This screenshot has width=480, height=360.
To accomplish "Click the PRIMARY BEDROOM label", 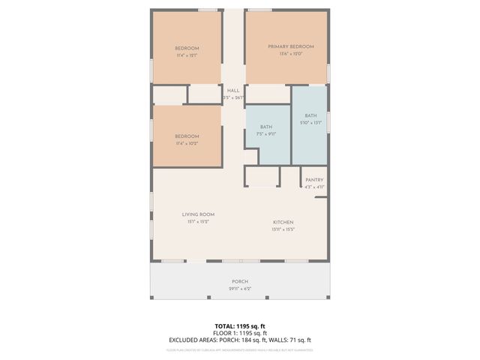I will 291,46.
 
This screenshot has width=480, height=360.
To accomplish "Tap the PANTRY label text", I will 314,180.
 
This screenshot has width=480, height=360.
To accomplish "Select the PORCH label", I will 240,281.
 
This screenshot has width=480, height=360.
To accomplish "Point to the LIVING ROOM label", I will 198,214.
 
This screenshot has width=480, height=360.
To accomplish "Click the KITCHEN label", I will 283,222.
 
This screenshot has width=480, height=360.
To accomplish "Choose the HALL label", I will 233,91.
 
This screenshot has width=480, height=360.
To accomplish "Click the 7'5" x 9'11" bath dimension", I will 266,133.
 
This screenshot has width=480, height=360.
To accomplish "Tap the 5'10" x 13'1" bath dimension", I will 310,122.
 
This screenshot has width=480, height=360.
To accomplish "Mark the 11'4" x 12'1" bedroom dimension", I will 187,55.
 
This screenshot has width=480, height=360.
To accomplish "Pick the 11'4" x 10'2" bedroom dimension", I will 187,142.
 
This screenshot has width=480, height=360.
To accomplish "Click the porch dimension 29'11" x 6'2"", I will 240,289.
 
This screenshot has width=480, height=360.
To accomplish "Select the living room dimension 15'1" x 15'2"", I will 198,222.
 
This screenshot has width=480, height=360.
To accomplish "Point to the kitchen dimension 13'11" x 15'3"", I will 283,229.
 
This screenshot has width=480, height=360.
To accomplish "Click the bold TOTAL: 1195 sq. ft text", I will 240,325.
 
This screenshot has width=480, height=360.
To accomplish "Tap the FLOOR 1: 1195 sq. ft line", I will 240,332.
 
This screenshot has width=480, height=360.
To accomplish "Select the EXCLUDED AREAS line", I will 240,340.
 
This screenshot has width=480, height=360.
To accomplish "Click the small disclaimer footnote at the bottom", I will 240,349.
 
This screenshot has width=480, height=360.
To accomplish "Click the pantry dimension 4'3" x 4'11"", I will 314,187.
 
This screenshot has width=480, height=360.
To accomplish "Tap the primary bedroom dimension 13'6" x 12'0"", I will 291,54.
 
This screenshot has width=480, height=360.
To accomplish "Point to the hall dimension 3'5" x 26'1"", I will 233,97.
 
